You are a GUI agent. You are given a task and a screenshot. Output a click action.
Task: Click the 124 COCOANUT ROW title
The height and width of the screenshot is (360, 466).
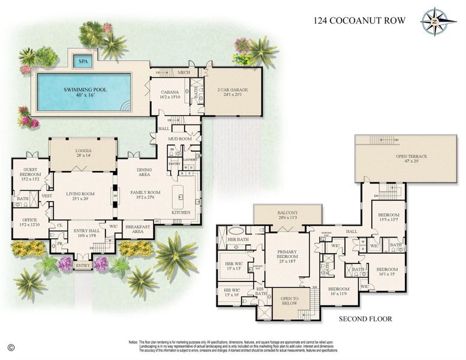(359, 20)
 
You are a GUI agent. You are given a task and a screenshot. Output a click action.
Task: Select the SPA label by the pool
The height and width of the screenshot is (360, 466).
(81, 61)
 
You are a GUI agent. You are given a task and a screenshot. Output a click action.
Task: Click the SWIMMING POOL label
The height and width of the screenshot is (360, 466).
(86, 89)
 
